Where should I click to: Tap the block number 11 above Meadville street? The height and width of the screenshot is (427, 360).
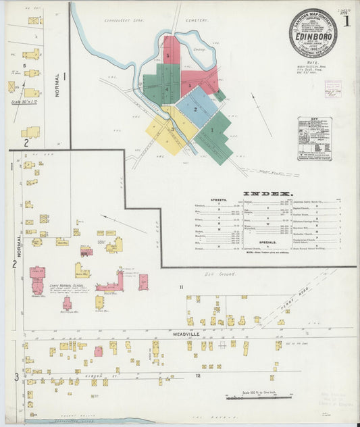[181, 288]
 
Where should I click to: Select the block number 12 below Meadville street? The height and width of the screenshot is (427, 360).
[198, 374]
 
